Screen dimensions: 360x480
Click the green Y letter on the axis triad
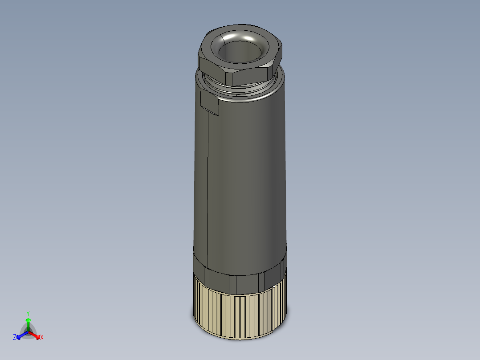[x=28, y=313]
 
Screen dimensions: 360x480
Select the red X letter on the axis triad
[x=42, y=338]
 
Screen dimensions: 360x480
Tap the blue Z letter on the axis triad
[x=15, y=338]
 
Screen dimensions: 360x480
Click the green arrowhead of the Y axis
[x=28, y=320]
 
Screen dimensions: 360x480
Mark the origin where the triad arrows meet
[x=28, y=331]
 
